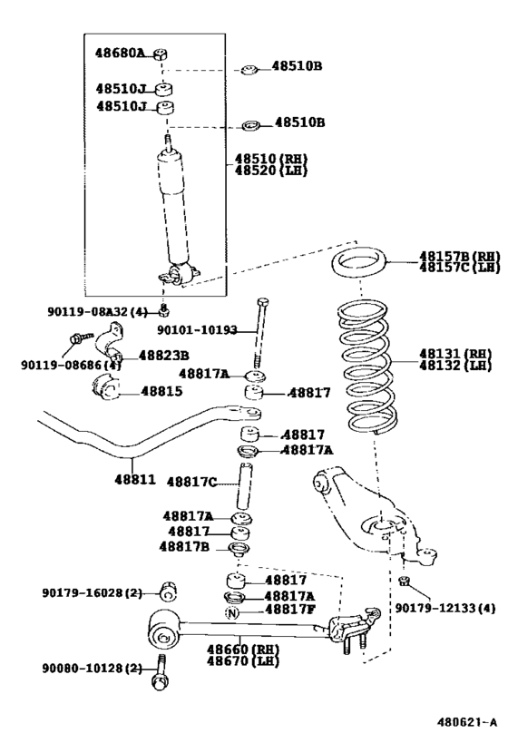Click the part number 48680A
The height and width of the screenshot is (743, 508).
(x=120, y=54)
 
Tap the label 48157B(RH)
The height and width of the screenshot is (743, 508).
(x=459, y=256)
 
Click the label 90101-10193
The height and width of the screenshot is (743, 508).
(x=197, y=331)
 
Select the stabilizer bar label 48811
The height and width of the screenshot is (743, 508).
(x=134, y=478)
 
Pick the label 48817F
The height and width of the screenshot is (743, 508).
(x=288, y=610)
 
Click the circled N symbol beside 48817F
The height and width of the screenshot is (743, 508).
(x=231, y=611)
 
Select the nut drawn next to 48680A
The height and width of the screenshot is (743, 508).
(x=158, y=54)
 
